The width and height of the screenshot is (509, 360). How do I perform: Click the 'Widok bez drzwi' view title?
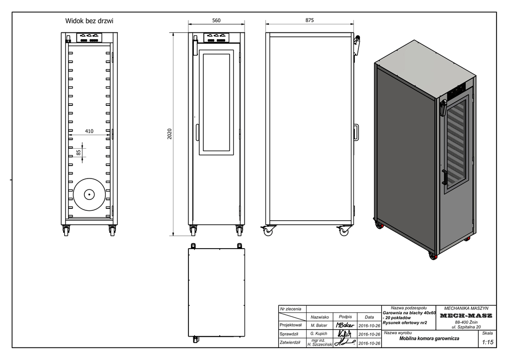pos(89,21)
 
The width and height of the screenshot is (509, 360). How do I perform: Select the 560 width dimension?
pos(216,20)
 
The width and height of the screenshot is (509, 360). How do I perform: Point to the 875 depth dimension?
pos(310,20)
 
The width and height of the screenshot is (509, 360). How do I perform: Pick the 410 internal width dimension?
pos(89,131)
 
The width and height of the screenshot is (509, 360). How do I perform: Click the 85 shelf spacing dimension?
pos(78,152)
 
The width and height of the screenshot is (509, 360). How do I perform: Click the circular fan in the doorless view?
pos(89,194)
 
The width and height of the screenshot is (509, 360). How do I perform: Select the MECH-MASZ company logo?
pos(466,316)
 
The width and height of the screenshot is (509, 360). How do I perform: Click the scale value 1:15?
pos(488,342)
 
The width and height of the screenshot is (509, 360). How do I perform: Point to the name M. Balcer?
pos(319,325)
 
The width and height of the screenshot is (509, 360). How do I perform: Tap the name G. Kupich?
pos(319,334)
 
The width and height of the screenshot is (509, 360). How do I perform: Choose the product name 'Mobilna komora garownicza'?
pos(429,339)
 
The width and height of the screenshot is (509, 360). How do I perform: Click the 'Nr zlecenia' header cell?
pos(291,309)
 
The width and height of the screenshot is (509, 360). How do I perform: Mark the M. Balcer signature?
pos(345,325)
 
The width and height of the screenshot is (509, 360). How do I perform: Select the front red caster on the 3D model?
pos(431,257)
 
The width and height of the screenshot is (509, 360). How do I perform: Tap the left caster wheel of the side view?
pos(268,231)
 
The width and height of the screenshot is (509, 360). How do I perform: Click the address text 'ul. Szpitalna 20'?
pos(466,327)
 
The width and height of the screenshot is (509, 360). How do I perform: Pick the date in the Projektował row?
pos(369,325)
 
